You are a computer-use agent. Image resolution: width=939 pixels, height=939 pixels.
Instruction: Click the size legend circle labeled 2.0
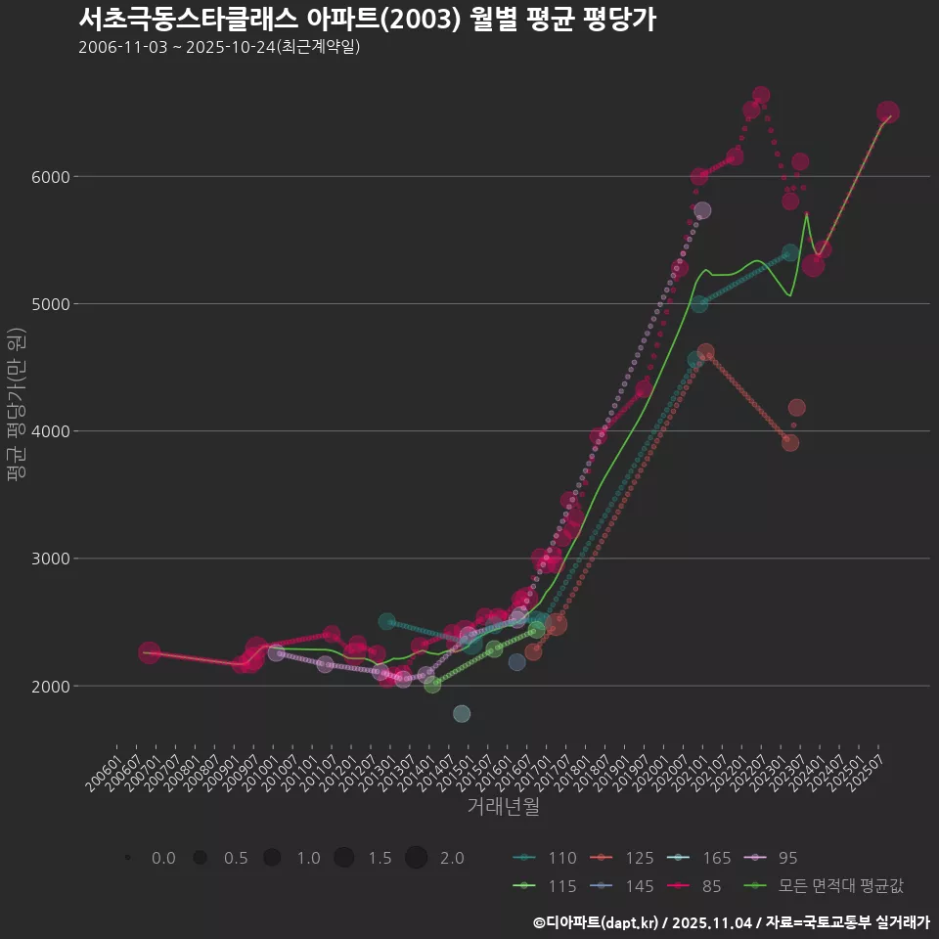point(417,858)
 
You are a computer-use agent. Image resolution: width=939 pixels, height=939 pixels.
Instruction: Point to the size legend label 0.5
point(235,859)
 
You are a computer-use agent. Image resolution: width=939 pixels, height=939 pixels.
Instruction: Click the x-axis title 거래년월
point(503,807)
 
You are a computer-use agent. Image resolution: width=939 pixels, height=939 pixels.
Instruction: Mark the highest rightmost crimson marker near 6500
point(888,112)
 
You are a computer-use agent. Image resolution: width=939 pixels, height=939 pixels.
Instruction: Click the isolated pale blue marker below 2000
point(462,714)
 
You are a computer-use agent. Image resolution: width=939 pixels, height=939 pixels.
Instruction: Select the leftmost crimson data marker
point(149,652)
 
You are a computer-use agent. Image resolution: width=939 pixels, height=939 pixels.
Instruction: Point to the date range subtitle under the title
point(219,47)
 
